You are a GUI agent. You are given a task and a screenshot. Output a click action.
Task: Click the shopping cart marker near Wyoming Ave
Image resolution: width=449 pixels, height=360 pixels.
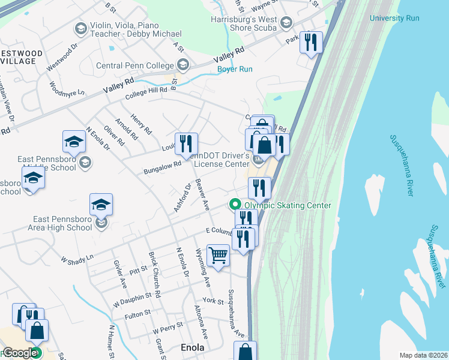point(218,256)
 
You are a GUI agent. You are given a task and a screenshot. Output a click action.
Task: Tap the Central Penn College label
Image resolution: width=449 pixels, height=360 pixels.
point(136,65)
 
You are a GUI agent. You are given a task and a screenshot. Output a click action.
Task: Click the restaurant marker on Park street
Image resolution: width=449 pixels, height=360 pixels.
point(311,43)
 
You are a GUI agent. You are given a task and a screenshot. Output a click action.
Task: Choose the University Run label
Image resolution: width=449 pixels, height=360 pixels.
point(394,18)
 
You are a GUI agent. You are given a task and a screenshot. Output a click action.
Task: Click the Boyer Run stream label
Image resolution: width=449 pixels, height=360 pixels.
point(235,69)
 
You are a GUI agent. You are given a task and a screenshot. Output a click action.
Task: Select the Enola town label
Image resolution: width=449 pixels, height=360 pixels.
point(193,347)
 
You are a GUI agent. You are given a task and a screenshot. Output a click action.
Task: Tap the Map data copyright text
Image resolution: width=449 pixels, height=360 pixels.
point(423,355)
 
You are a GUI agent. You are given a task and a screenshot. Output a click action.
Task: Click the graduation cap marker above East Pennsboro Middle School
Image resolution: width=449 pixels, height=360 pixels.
point(74,142)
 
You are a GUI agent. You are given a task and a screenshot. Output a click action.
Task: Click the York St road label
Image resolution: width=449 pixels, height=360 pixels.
point(213,300)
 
